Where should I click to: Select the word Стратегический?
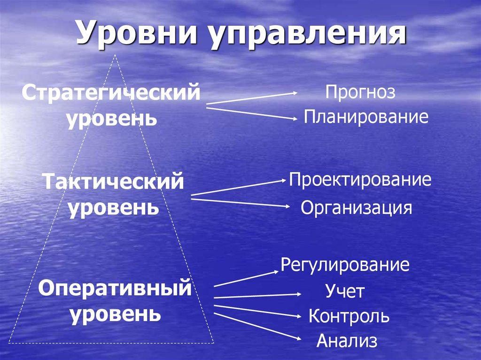tap(111, 92)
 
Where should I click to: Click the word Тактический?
tap(113, 181)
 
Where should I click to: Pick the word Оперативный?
tap(115, 287)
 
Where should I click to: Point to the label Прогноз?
tap(361, 92)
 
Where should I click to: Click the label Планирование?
tap(366, 117)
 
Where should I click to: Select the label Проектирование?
tap(360, 180)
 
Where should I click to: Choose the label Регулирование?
tap(345, 265)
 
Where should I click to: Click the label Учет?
tap(345, 292)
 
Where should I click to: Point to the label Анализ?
tap(347, 341)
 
